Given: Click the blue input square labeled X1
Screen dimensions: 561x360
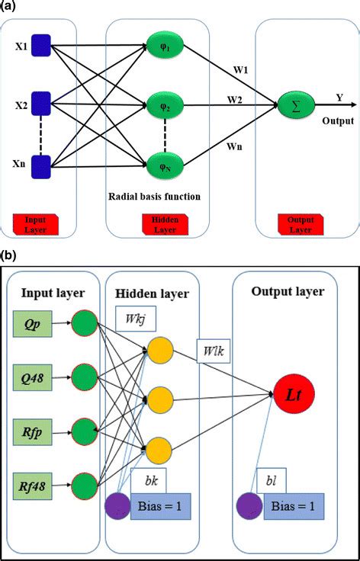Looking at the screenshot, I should pyautogui.click(x=40, y=47).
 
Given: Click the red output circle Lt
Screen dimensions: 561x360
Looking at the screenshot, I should pyautogui.click(x=292, y=393).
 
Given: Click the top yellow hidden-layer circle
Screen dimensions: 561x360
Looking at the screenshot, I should pyautogui.click(x=161, y=349).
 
